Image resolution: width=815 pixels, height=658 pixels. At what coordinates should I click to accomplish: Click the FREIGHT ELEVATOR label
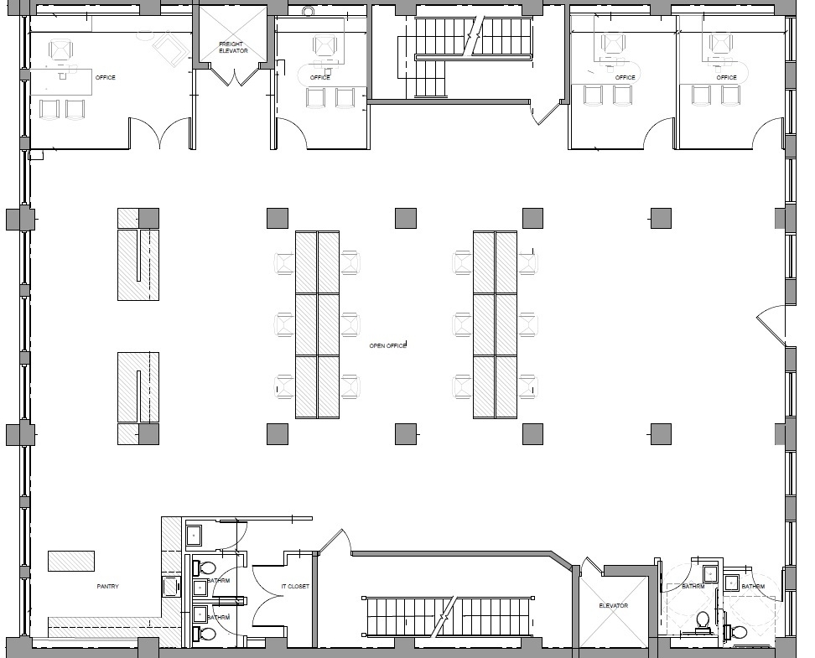[232, 47]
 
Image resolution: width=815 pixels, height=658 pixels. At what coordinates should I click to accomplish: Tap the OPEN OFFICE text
[387, 345]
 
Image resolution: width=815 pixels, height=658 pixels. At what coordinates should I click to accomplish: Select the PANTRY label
[107, 587]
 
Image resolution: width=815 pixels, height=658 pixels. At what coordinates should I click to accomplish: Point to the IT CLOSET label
[295, 587]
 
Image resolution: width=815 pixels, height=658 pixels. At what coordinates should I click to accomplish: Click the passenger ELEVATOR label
[613, 605]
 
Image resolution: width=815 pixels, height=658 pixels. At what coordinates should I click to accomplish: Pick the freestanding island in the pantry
[70, 560]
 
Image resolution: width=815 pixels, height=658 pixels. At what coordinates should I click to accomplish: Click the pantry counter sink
[171, 585]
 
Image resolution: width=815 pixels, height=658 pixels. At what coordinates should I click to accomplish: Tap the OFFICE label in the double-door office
[106, 78]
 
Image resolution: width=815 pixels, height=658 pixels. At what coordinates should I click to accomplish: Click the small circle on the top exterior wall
[308, 11]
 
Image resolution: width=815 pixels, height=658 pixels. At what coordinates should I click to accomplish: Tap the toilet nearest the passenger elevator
[703, 620]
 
